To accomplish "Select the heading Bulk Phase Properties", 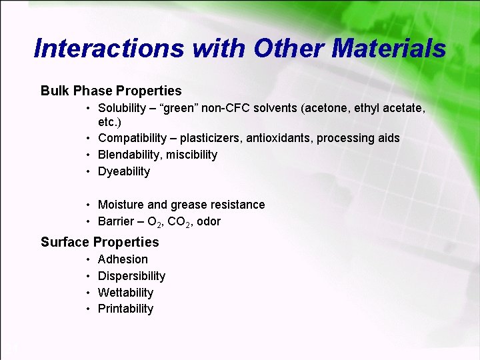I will [x=111, y=91].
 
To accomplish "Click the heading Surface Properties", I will [x=100, y=242].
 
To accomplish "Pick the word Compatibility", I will [x=132, y=138].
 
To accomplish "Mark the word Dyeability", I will [x=124, y=171].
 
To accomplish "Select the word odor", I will [x=209, y=221].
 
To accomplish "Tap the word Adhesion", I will [x=123, y=259].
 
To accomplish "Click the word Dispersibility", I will [x=131, y=276].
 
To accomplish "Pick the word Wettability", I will [x=125, y=293].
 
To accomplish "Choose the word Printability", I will [x=125, y=309].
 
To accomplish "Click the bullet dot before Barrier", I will [x=88, y=221].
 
